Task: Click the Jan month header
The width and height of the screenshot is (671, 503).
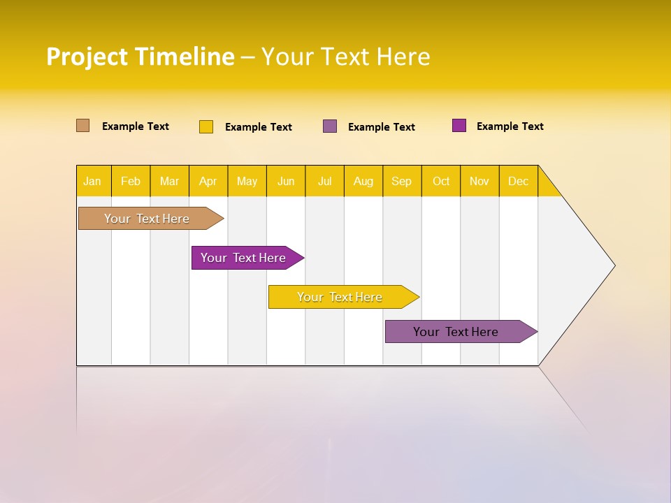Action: click(93, 181)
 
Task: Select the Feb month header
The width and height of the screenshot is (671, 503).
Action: click(131, 181)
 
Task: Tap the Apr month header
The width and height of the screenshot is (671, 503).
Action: click(208, 181)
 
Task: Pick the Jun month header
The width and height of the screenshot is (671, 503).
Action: click(286, 181)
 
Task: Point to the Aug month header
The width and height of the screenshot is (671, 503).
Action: click(363, 181)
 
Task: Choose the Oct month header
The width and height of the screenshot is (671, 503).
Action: click(441, 181)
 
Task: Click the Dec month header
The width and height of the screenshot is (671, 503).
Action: click(519, 181)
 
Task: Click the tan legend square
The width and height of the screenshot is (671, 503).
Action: click(82, 126)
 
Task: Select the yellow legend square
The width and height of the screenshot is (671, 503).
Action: click(206, 126)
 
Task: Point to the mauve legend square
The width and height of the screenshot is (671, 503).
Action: click(330, 126)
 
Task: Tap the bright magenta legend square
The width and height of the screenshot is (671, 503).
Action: click(459, 126)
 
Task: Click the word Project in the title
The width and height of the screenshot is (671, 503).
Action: click(87, 57)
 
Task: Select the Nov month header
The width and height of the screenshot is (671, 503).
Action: click(479, 181)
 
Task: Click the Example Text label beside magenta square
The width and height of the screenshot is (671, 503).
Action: click(510, 126)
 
